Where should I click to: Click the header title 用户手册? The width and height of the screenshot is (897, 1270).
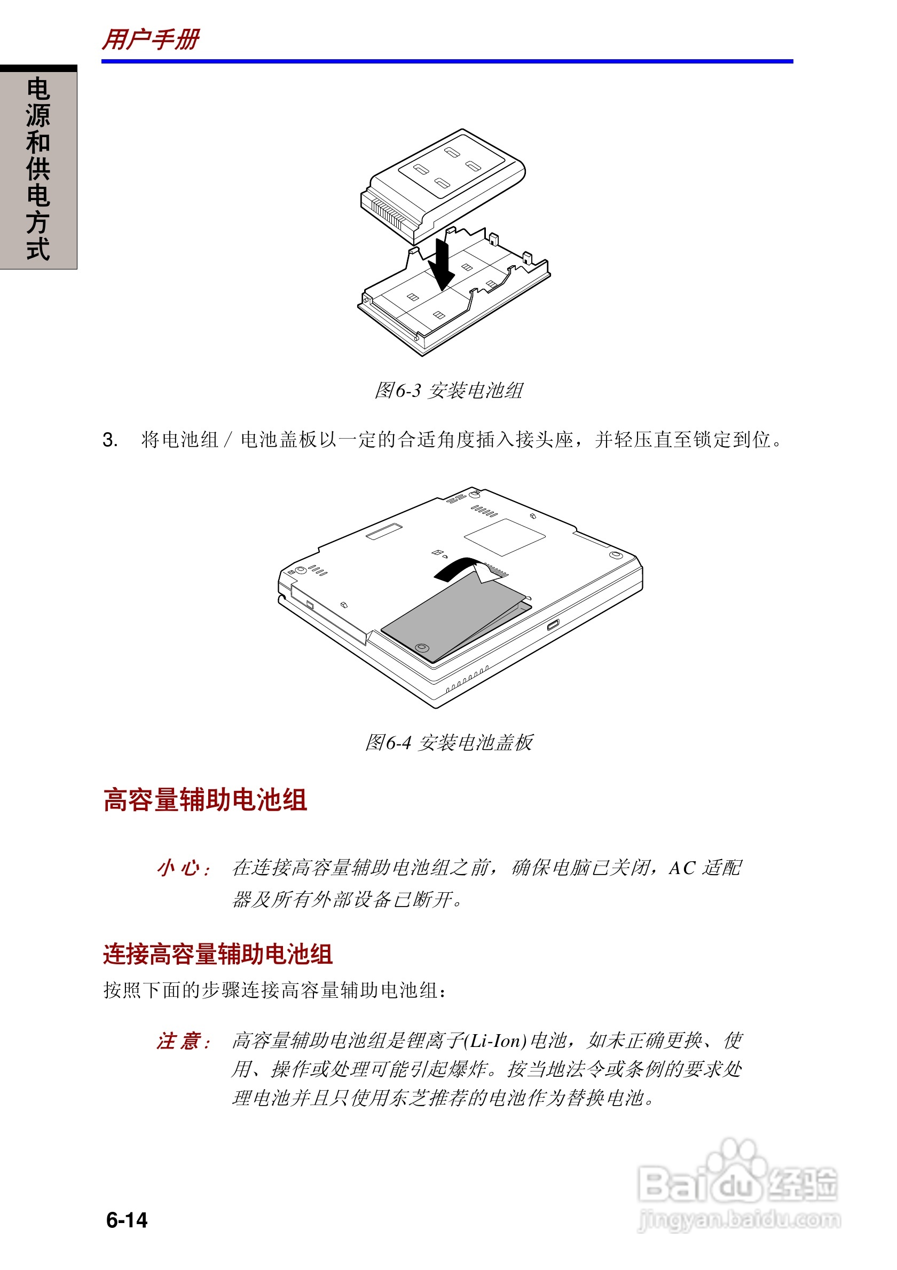pos(151,39)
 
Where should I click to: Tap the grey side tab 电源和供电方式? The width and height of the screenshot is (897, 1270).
pos(38,168)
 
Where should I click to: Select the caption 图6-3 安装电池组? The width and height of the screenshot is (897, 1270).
pos(448,391)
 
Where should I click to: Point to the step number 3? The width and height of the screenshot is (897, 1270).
pos(109,440)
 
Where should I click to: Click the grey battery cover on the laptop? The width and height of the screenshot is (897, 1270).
pos(448,617)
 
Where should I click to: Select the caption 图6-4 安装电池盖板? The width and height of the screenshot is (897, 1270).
pos(448,742)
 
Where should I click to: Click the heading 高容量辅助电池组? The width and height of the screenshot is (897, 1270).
pos(204,800)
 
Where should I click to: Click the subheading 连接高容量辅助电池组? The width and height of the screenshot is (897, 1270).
pos(217,955)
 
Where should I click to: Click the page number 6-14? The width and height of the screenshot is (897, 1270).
pos(127,1220)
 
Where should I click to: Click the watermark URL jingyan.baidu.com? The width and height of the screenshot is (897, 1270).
pos(739,1219)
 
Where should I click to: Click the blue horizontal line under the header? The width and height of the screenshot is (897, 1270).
pos(447,61)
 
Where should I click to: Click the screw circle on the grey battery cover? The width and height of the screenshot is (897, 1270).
pos(422,647)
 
